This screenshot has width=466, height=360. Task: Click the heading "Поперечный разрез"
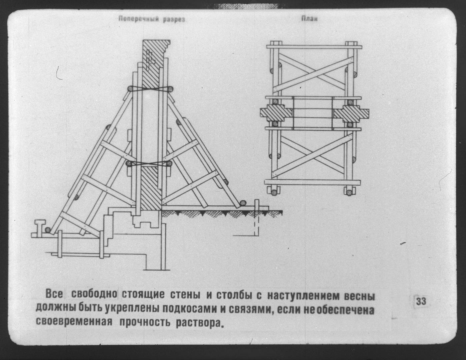tap(152, 19)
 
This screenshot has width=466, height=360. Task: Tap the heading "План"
tap(309, 19)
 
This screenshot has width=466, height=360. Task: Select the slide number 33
tap(421, 301)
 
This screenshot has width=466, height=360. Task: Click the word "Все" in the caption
tap(54, 294)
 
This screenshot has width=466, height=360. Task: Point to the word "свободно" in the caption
tap(94, 294)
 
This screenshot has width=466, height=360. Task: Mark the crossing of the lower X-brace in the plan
tap(312, 155)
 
